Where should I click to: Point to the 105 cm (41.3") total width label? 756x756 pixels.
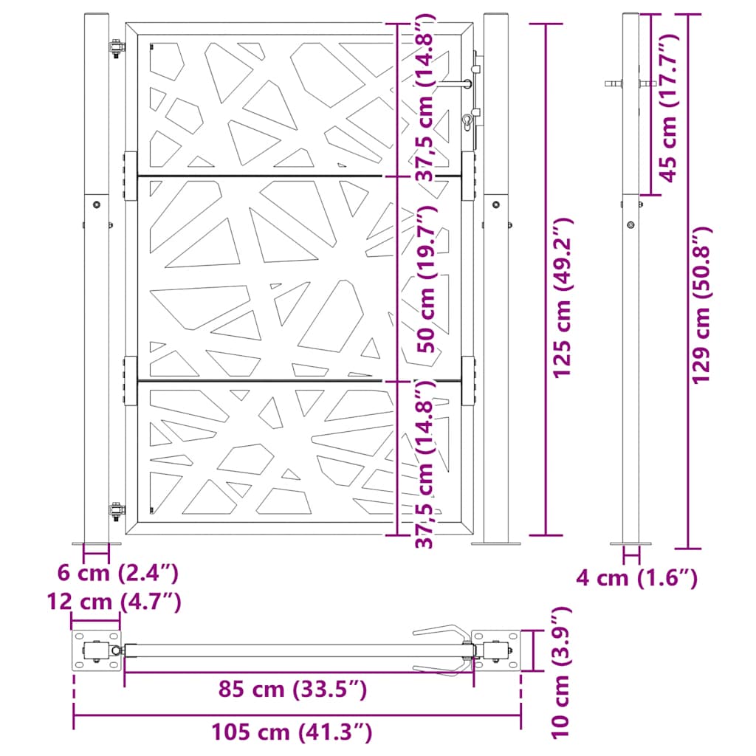(292, 732)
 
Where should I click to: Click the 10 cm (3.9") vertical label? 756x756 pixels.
(562, 673)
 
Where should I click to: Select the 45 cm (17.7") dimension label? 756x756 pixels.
(669, 107)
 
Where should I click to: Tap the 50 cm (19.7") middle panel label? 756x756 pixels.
(424, 281)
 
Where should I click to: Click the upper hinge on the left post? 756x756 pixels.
(115, 50)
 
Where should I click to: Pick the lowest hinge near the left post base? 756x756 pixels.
(115, 510)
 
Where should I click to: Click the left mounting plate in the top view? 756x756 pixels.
(96, 651)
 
